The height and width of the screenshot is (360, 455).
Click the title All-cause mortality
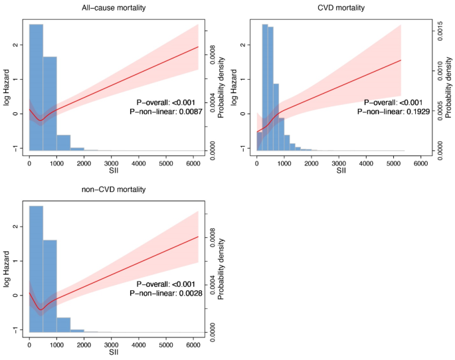click(114, 7)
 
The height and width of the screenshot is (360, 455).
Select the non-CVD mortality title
click(114, 189)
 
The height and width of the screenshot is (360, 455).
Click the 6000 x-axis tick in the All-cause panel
click(193, 162)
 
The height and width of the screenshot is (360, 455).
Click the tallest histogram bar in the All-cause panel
click(36, 86)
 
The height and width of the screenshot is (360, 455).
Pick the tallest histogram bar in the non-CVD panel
click(36, 268)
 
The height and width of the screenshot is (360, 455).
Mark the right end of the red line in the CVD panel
click(401, 60)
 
